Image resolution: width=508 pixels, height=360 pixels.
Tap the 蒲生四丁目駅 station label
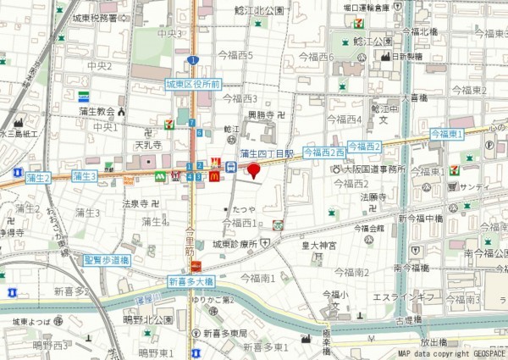click(266, 153)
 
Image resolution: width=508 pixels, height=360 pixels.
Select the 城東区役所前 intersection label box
click(193, 85)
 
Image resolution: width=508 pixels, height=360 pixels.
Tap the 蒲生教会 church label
click(94, 111)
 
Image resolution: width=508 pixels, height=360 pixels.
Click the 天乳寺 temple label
click(125, 145)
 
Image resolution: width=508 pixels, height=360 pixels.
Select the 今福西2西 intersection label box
click(323, 152)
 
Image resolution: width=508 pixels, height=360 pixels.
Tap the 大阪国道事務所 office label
click(374, 169)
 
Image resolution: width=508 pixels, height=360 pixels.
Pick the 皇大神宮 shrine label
click(320, 246)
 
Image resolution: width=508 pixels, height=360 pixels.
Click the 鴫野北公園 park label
click(152, 319)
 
